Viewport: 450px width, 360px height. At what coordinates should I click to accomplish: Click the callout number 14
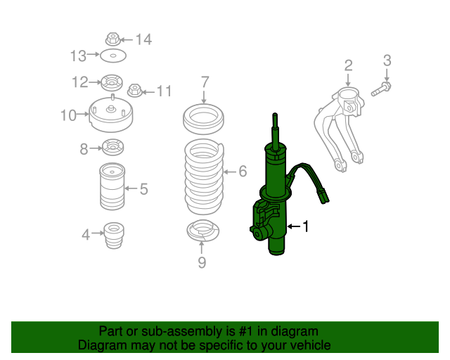[143, 39]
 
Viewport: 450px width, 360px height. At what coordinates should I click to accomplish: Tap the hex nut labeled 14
[112, 39]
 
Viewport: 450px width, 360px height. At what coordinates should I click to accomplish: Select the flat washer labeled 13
[113, 56]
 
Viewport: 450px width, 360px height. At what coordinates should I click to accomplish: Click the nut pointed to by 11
[135, 91]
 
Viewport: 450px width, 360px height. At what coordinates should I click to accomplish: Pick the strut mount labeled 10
[111, 114]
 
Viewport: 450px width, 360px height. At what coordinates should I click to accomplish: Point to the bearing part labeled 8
[112, 147]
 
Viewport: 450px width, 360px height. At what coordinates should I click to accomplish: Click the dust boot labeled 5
[112, 186]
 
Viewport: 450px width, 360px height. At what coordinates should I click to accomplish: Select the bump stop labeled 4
[114, 235]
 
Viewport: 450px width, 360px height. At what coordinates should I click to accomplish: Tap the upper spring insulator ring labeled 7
[203, 119]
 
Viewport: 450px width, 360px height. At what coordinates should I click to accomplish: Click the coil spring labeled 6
[204, 176]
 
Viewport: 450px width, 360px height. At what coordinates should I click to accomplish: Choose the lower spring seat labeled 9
[203, 231]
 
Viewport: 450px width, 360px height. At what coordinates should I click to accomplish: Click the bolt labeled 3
[381, 89]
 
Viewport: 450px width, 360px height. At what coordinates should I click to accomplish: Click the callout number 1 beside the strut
[306, 226]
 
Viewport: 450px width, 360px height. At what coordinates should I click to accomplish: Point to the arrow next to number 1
[294, 226]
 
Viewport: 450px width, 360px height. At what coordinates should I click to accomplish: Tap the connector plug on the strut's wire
[323, 196]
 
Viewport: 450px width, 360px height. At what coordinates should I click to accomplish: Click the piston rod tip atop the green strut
[275, 115]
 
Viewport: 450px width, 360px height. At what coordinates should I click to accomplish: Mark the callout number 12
[79, 82]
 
